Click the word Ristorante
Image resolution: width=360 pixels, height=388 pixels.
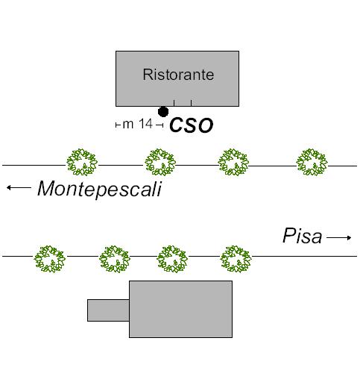pos(178,75)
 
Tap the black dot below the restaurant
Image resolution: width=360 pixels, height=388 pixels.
pos(163,112)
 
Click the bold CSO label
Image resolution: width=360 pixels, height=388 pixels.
pos(191,125)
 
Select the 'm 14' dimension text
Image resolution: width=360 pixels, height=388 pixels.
pos(137,124)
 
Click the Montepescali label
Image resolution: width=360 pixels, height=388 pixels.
pos(100,189)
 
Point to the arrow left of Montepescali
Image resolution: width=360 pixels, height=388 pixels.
pos(19,187)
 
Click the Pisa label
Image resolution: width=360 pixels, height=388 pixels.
pos(303,235)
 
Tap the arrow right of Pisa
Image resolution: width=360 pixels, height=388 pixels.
pos(339,238)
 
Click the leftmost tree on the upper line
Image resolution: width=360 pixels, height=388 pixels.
pos(82,162)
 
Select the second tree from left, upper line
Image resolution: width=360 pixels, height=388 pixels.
pos(160,162)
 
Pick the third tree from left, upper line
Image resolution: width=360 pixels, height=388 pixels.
pos(233,162)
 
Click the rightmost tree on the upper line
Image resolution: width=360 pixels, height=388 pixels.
pos(312,162)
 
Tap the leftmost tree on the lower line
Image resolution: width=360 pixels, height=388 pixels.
pos(49,259)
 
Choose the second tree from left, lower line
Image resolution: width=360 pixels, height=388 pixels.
pos(115,259)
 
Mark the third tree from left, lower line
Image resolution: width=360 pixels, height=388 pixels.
pos(172,259)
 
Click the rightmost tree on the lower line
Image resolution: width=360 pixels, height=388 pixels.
pos(236,259)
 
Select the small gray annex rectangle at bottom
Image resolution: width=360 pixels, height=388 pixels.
pos(108,310)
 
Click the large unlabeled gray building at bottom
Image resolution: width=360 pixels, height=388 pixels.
pos(180,309)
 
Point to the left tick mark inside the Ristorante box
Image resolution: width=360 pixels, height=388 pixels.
pos(174,103)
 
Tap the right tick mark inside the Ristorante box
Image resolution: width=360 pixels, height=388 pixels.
pos(191,103)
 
